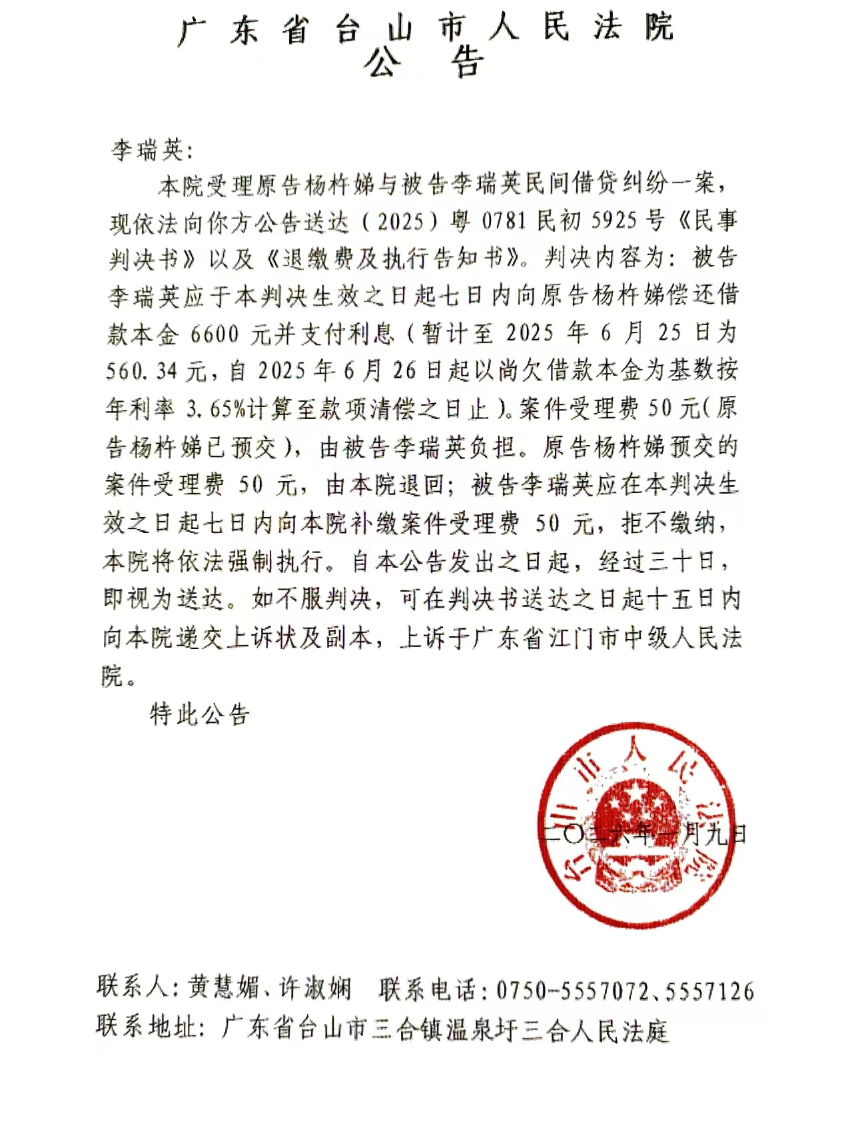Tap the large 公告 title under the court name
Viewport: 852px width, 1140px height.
point(424,63)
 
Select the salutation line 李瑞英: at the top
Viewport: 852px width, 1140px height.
point(152,150)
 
